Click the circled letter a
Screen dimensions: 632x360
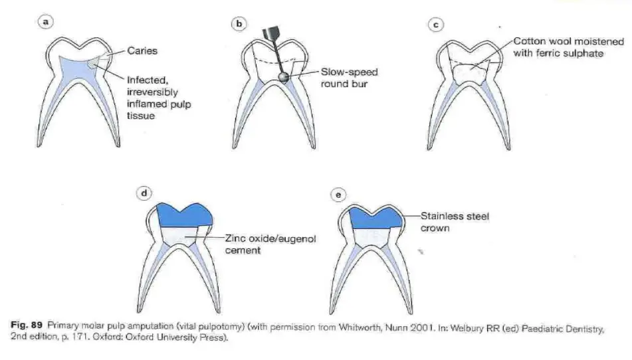[x=46, y=21]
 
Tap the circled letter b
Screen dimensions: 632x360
[x=239, y=24]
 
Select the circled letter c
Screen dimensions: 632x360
[x=436, y=25]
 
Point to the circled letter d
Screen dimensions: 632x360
[x=144, y=193]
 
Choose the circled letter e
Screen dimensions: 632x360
[x=338, y=195]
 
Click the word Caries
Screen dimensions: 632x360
[x=142, y=50]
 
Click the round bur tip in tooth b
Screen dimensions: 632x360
[x=284, y=77]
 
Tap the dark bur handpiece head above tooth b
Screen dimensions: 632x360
[x=271, y=33]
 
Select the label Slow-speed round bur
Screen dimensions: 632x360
[x=349, y=78]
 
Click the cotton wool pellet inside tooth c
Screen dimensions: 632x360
[x=469, y=74]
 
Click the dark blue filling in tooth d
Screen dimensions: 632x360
[x=185, y=215]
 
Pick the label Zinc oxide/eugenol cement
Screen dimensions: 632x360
[x=270, y=244]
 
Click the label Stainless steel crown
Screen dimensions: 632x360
[x=455, y=222]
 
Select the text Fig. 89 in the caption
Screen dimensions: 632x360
[x=26, y=325]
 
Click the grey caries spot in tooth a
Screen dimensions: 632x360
[x=94, y=62]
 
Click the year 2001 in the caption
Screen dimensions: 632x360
[x=422, y=327]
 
